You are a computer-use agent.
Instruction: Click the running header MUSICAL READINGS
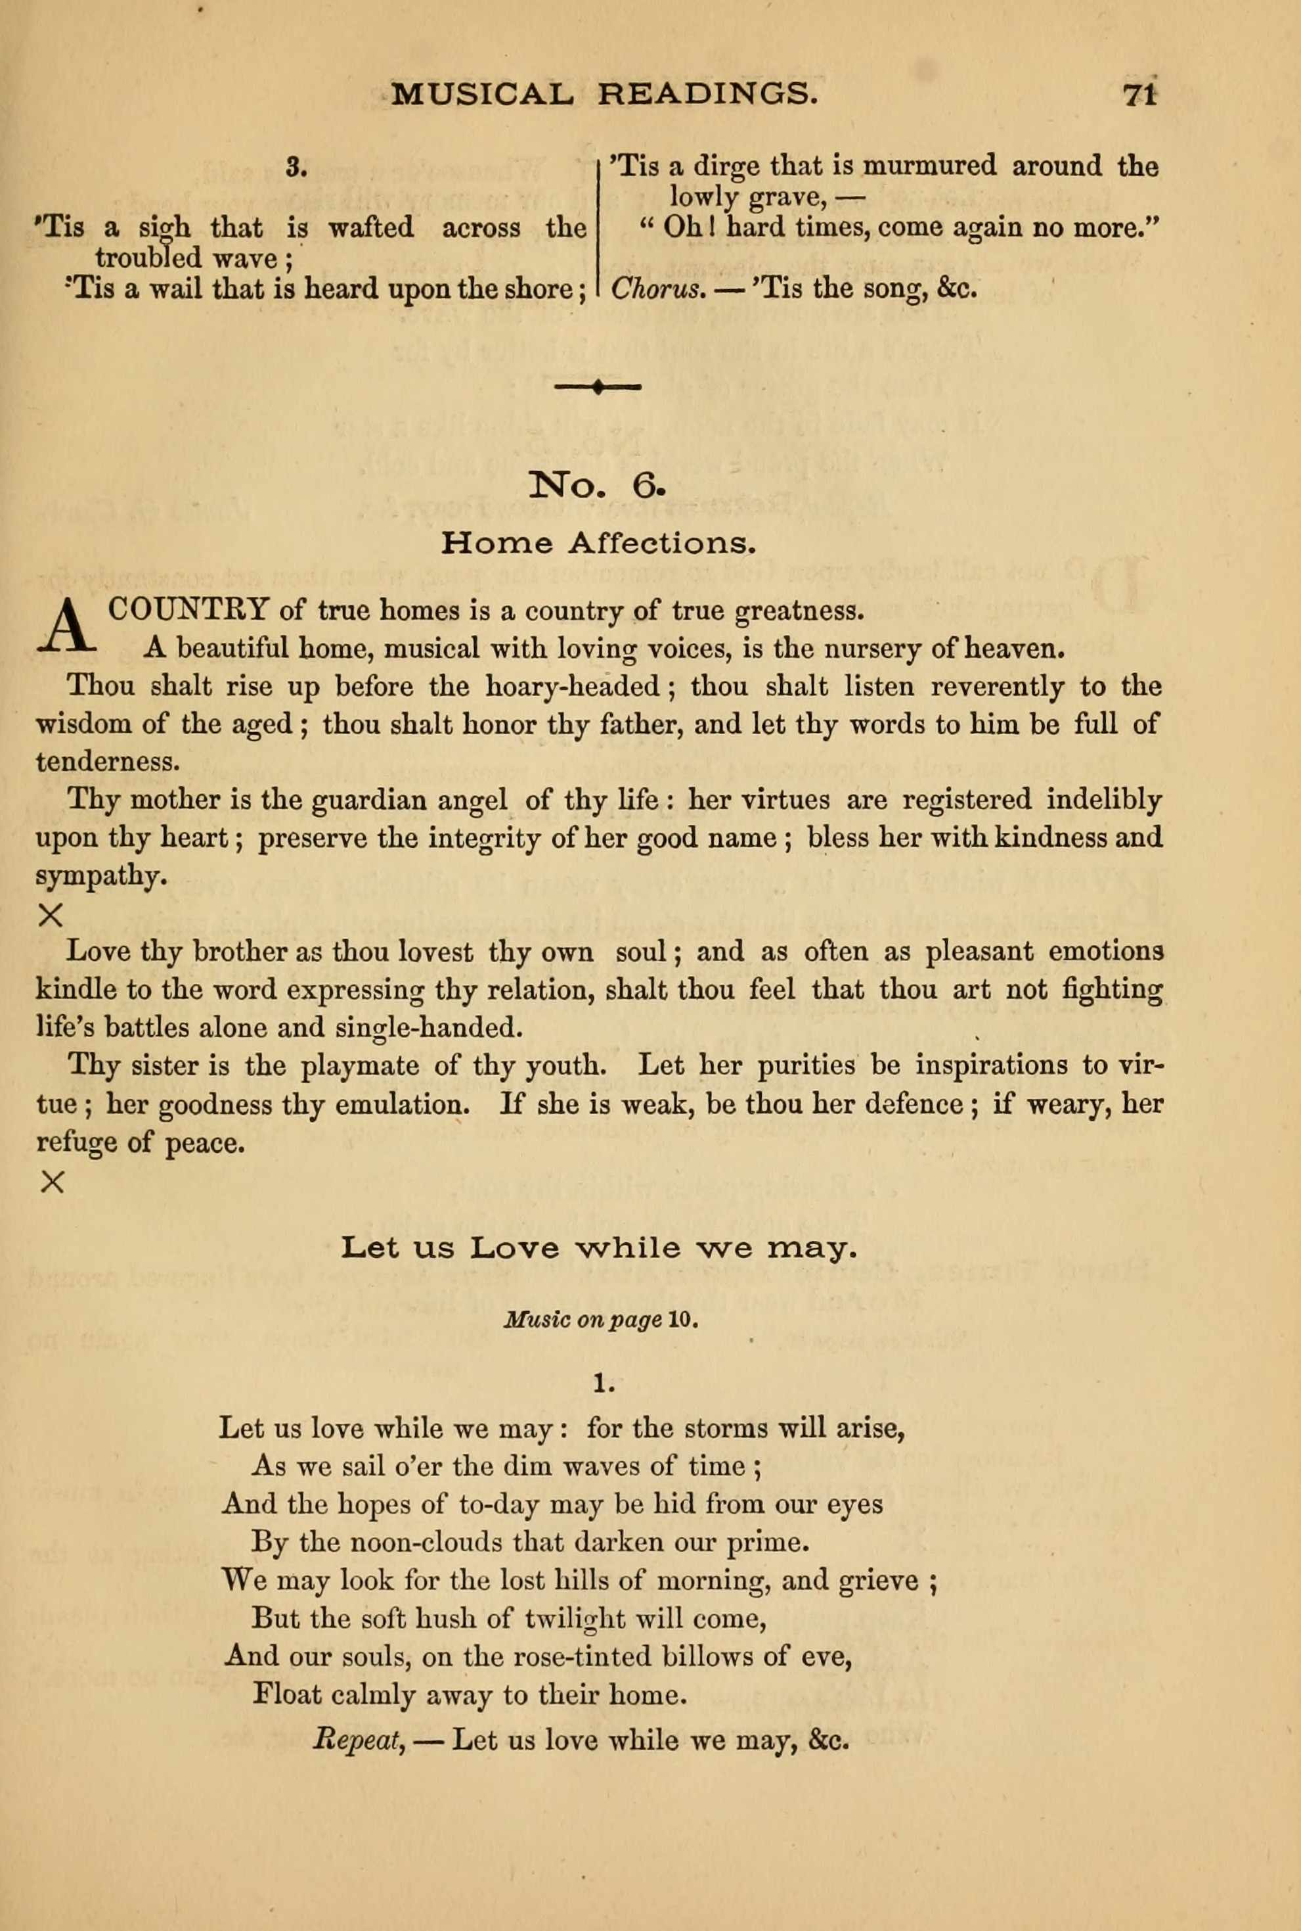coord(599,95)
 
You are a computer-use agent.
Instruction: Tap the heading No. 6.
coord(596,486)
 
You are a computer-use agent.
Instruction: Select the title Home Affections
coord(598,544)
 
